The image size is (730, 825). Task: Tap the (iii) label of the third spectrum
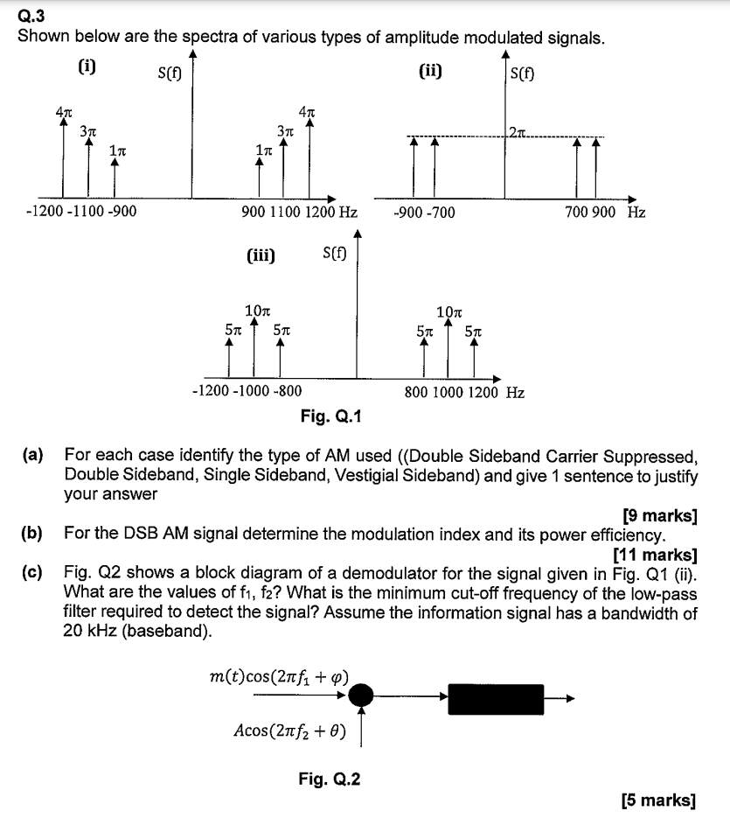[261, 255]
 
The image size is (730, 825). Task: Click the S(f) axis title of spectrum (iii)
[334, 255]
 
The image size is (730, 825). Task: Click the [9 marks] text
[659, 514]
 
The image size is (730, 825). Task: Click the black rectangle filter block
[497, 697]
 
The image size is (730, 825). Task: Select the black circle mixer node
[361, 696]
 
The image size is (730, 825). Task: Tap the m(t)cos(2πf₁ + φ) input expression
[280, 676]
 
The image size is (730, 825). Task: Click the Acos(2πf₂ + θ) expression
[290, 730]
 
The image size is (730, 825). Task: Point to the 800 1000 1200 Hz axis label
[464, 393]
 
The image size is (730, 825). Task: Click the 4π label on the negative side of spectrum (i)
[63, 111]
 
